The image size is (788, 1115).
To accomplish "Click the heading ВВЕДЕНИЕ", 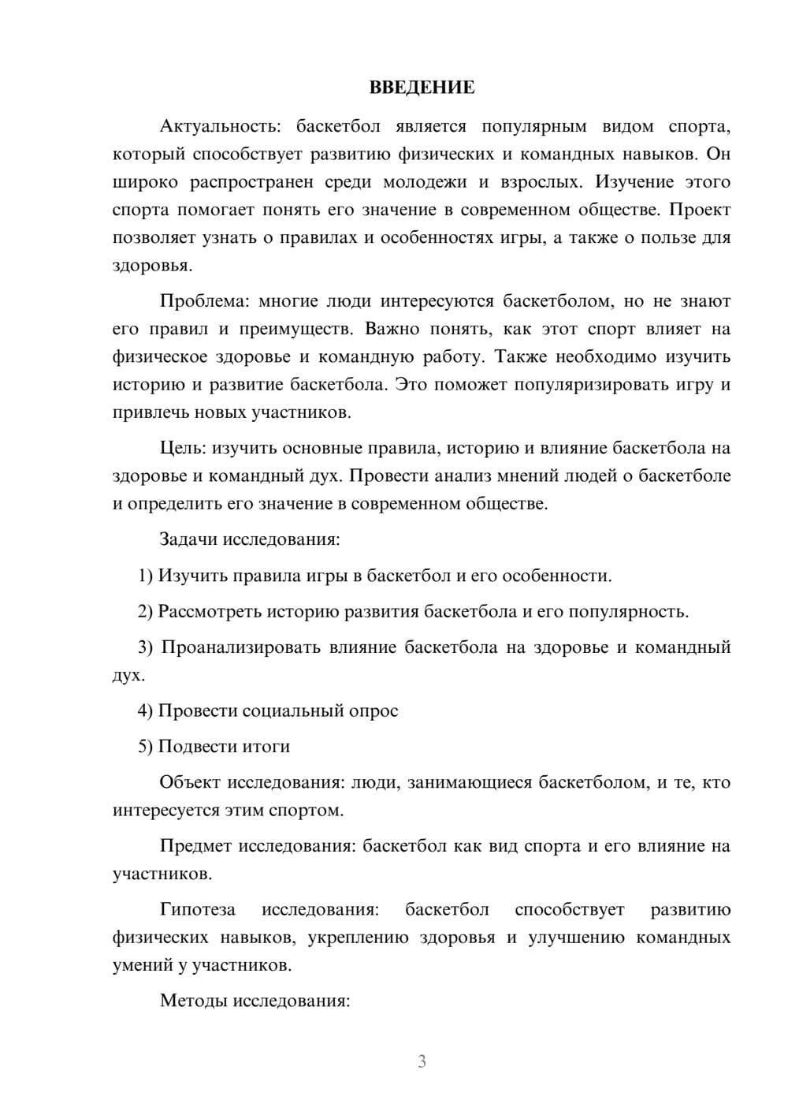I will [422, 88].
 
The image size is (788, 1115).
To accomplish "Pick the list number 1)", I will [146, 576].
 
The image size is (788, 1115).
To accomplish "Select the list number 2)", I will [146, 611].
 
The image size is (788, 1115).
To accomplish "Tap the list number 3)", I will [146, 647].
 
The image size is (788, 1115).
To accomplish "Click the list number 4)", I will [146, 710].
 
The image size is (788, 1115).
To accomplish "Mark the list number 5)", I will [146, 747].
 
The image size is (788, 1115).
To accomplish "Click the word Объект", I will [190, 782].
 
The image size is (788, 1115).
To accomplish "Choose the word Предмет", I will [195, 846].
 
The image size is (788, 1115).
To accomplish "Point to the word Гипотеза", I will [197, 909].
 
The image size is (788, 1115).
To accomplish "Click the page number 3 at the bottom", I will [422, 1061].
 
